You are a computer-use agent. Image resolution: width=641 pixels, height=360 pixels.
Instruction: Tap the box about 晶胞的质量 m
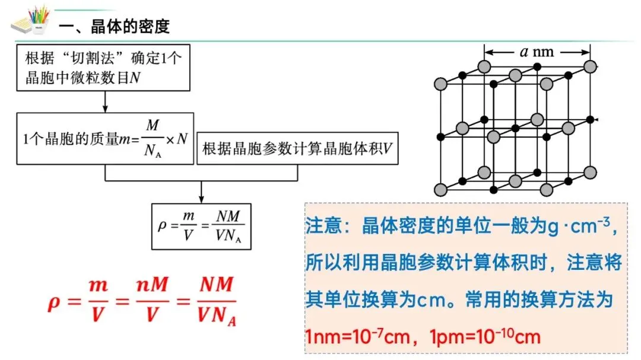105,138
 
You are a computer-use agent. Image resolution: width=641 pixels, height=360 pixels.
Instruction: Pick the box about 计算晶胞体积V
297,148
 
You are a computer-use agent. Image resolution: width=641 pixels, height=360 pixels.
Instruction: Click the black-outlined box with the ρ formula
202,226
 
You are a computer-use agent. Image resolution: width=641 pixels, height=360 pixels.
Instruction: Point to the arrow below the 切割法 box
105,101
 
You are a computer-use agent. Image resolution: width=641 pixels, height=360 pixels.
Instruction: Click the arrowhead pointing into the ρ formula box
202,198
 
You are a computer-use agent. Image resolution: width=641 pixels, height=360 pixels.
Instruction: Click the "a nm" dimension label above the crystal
537,52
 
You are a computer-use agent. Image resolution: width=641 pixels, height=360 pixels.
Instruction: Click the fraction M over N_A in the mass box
153,139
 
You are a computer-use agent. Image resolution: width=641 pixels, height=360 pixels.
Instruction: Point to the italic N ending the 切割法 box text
135,78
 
